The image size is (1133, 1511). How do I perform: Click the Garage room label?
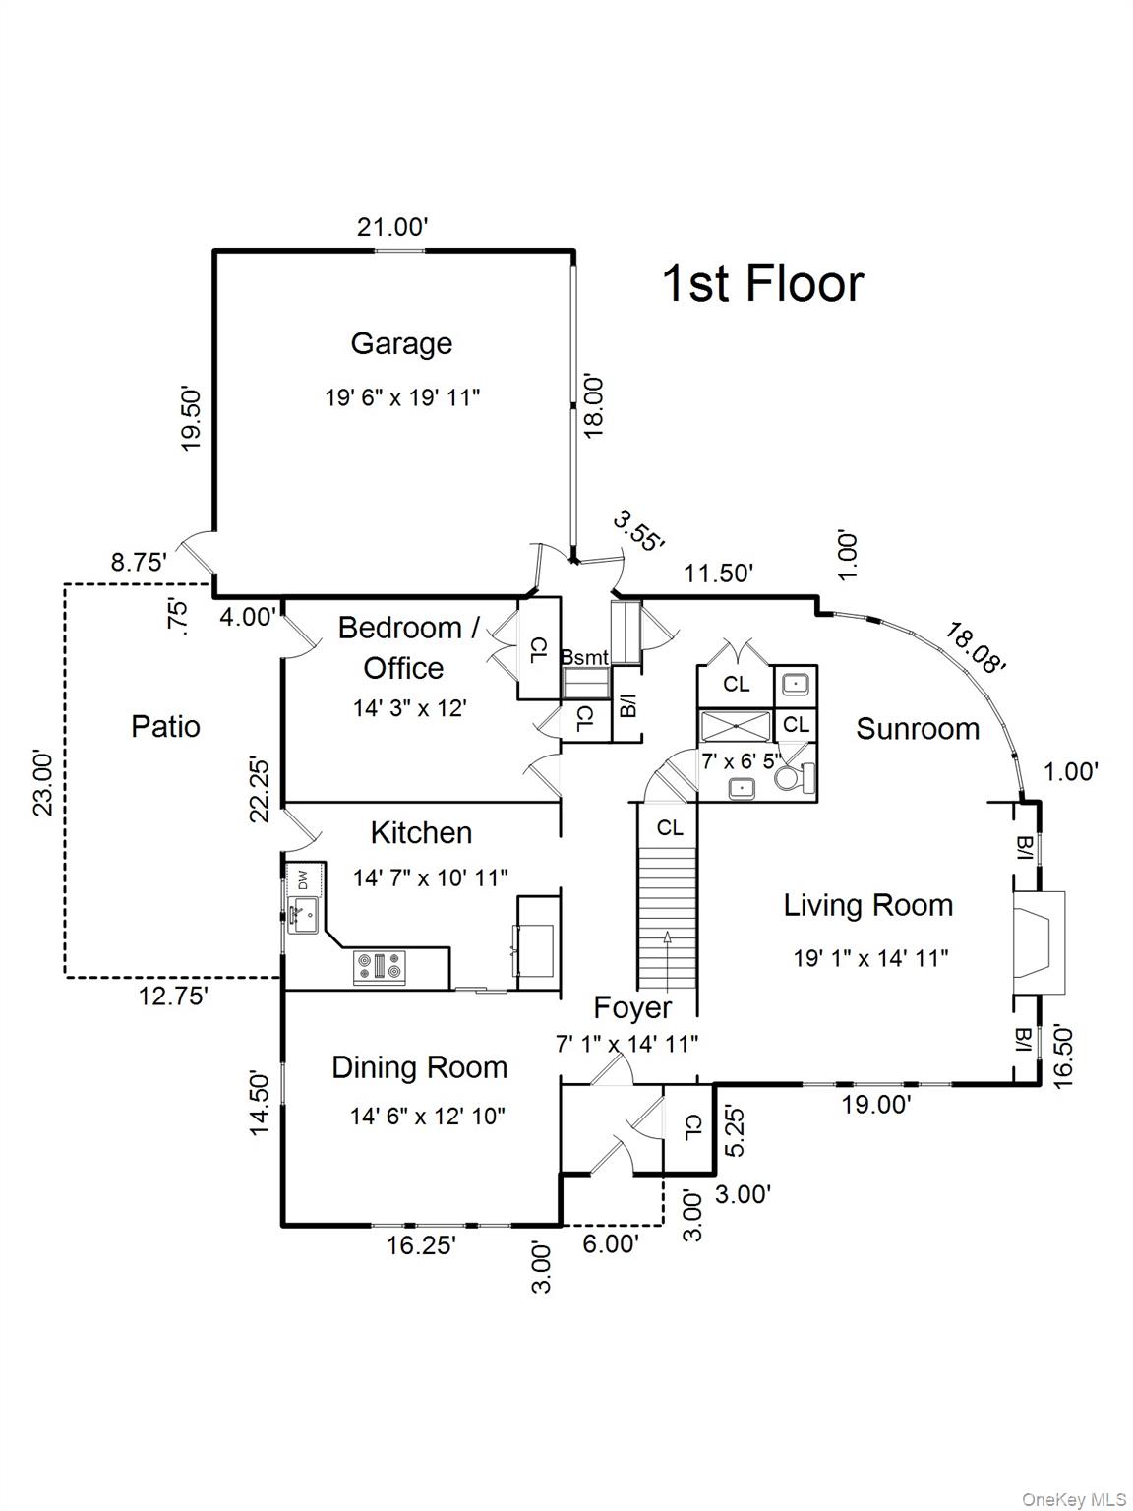pos(401,343)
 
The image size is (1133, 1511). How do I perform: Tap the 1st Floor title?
pos(762,283)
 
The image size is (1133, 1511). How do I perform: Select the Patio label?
pos(165,727)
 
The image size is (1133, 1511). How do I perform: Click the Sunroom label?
pos(918,729)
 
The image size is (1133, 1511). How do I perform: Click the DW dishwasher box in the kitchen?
pos(302,877)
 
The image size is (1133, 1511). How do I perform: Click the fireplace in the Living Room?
pos(1039,934)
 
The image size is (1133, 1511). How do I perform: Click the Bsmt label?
pos(585,657)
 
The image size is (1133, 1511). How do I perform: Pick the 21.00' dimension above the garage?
pos(392,227)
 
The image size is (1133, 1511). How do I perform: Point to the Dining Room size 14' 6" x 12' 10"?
pos(428,1116)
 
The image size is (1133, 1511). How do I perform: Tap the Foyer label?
pos(632,1007)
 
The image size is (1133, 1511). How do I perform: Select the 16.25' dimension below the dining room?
pos(421,1245)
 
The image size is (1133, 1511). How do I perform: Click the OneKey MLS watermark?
pos(1074,1499)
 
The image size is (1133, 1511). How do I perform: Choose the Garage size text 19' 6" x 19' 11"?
pos(402,397)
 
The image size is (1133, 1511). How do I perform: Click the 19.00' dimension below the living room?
pos(876,1105)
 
